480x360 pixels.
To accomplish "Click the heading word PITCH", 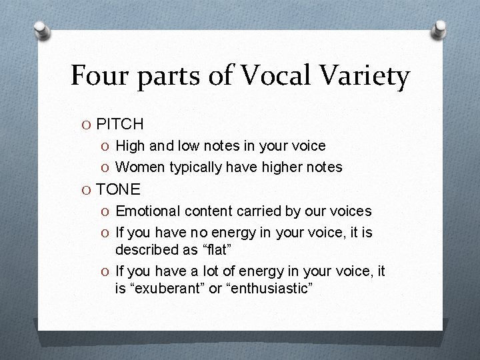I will point(120,124).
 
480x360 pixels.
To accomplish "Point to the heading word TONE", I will point(119,189).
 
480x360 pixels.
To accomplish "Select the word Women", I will point(141,167).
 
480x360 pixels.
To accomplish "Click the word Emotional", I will point(148,211).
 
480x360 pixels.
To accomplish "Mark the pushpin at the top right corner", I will point(440,28).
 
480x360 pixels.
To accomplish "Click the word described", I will point(147,250).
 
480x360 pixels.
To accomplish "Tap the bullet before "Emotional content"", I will point(107,212).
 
